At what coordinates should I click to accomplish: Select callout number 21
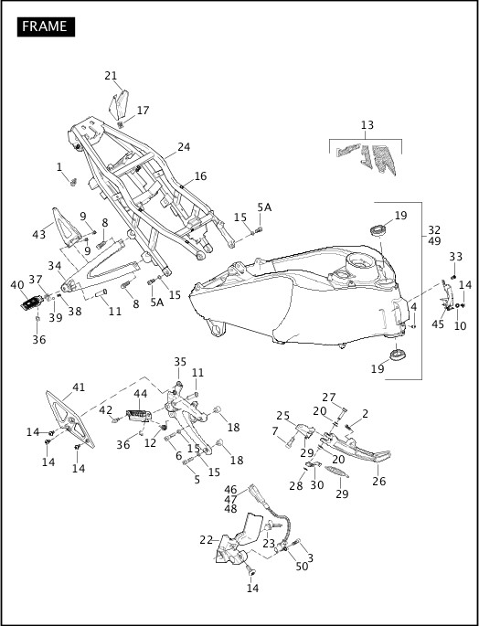point(111,76)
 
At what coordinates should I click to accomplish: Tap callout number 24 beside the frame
point(184,146)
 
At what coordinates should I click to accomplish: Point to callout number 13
point(367,124)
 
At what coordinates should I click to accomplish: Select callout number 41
point(80,387)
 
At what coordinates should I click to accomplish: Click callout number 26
point(378,482)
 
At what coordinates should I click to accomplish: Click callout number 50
point(302,568)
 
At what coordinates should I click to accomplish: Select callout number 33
point(456,257)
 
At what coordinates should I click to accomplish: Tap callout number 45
point(438,324)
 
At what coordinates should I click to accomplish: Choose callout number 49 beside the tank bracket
point(434,241)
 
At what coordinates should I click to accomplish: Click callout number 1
point(59,167)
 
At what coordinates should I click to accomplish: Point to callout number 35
point(179,362)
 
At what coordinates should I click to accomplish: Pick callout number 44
point(141,394)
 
